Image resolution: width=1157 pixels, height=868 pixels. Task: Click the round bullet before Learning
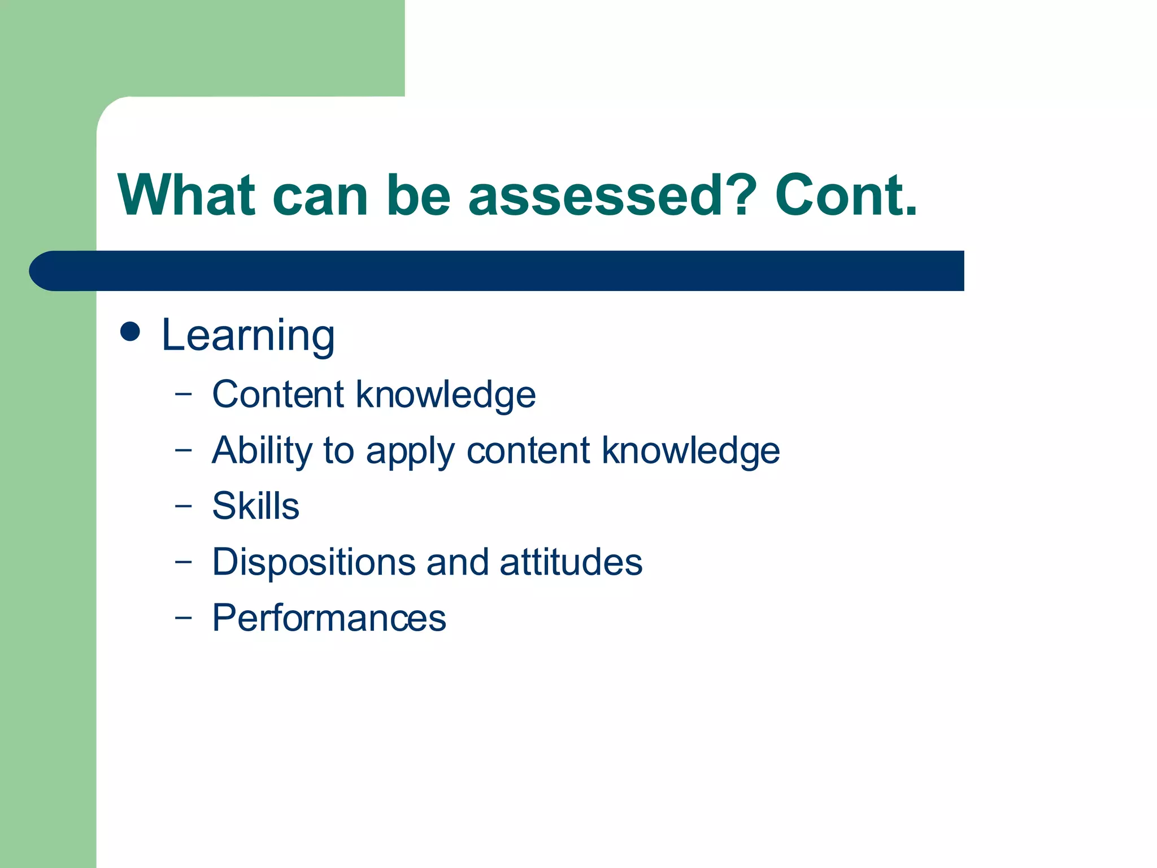(x=131, y=332)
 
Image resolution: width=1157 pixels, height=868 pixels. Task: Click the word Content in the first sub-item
(x=277, y=394)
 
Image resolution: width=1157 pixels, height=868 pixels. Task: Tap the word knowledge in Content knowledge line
(x=446, y=394)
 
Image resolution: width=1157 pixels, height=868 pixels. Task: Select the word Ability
(x=262, y=450)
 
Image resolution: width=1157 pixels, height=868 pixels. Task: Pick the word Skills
(x=255, y=506)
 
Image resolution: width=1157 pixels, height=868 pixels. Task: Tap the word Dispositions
(x=314, y=562)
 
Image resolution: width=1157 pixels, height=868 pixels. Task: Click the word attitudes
(x=571, y=562)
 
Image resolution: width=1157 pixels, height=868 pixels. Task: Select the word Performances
(x=329, y=618)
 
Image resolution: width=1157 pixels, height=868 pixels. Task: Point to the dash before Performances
(x=183, y=618)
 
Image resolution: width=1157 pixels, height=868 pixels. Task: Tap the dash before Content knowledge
(x=183, y=394)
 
